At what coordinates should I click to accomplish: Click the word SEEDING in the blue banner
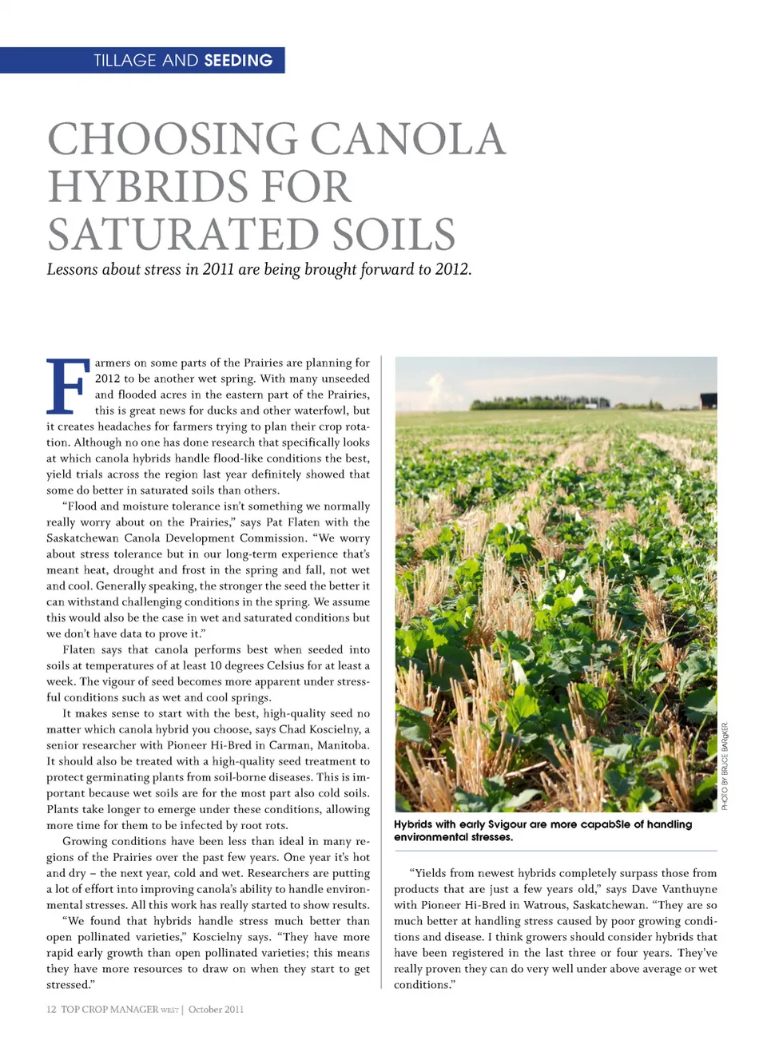tap(238, 61)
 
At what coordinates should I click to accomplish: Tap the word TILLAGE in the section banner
tap(125, 61)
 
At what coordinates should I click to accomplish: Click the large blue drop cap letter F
tap(66, 387)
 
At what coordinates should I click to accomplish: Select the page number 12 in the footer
tap(51, 1010)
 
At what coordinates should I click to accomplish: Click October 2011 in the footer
tap(216, 1010)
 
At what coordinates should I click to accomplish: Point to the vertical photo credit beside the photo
tap(725, 766)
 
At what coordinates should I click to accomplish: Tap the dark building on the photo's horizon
tap(708, 400)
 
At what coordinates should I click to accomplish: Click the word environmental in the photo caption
tap(431, 837)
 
